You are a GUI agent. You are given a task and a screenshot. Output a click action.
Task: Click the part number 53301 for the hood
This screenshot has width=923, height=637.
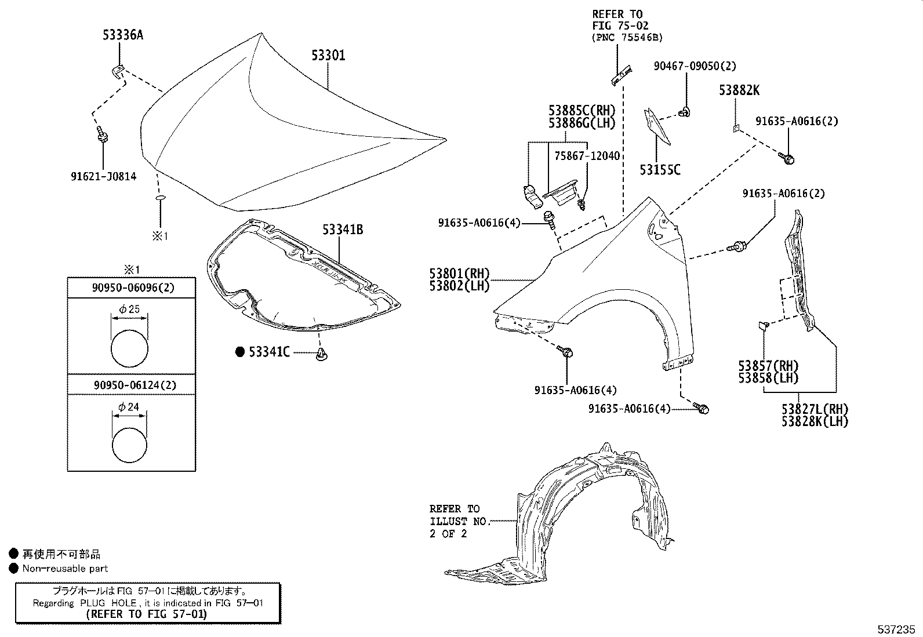[x=328, y=56]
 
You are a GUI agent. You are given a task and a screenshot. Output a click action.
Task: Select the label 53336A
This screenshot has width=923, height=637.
[x=123, y=35]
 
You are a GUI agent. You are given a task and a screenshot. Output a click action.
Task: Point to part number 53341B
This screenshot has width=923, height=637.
[x=343, y=230]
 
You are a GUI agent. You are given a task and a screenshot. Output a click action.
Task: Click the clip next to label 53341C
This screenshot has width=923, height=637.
[x=321, y=355]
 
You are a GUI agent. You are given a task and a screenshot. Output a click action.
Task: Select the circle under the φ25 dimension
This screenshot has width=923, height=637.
[x=129, y=348]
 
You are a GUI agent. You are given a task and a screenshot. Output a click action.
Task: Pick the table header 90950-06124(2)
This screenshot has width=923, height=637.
[x=130, y=385]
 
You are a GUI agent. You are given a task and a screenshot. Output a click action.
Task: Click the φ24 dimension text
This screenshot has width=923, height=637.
[x=129, y=407]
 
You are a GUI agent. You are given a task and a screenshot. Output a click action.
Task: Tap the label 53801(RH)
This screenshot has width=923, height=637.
[x=459, y=274]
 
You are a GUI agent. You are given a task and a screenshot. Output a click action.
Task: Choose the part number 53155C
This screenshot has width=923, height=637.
[x=660, y=170]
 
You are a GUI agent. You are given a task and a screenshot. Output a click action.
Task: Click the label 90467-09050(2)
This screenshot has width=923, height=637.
[x=695, y=67]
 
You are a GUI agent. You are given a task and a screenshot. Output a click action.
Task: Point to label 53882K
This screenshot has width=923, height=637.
[x=739, y=90]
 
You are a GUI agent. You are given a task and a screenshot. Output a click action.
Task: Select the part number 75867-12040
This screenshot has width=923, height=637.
[x=587, y=156]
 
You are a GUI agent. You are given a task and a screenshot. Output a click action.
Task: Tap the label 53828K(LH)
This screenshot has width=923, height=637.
[x=814, y=421]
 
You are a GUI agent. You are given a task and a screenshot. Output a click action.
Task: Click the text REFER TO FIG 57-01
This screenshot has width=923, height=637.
[x=146, y=614]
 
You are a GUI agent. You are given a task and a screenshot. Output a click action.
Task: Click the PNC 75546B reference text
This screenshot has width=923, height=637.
[x=627, y=37]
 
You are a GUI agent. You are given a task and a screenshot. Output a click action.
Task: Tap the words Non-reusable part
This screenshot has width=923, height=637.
[x=65, y=569]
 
